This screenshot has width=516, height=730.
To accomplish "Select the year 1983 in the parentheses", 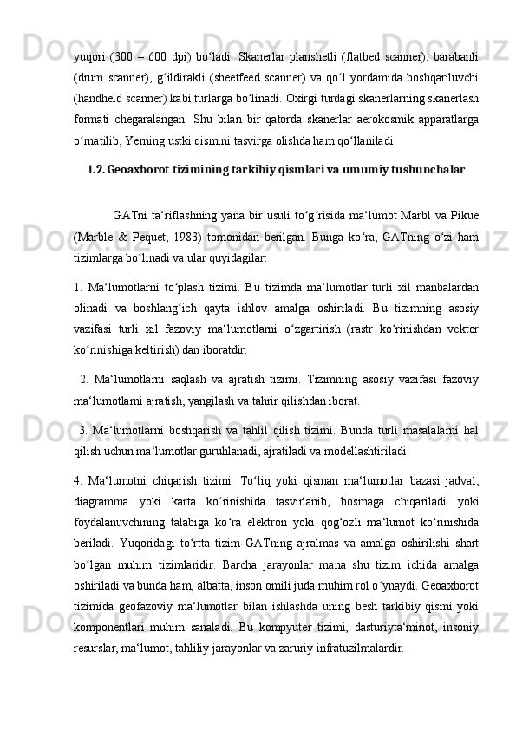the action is (x=188, y=238).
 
